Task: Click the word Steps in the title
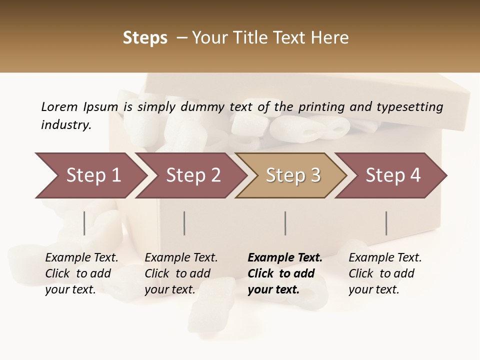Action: tap(145, 38)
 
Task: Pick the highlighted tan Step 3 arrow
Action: tap(292, 175)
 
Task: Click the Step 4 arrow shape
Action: tap(392, 175)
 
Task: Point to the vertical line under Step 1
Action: tap(84, 223)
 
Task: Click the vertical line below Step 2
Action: tap(184, 223)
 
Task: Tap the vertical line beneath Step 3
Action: tap(285, 223)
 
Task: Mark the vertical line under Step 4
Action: tap(386, 223)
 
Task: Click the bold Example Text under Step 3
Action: tap(285, 273)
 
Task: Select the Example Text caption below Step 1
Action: tap(81, 273)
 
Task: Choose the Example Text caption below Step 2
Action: tap(181, 273)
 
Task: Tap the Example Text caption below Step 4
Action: tap(385, 273)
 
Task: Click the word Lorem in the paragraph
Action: tap(59, 106)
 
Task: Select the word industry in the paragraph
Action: tap(65, 125)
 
